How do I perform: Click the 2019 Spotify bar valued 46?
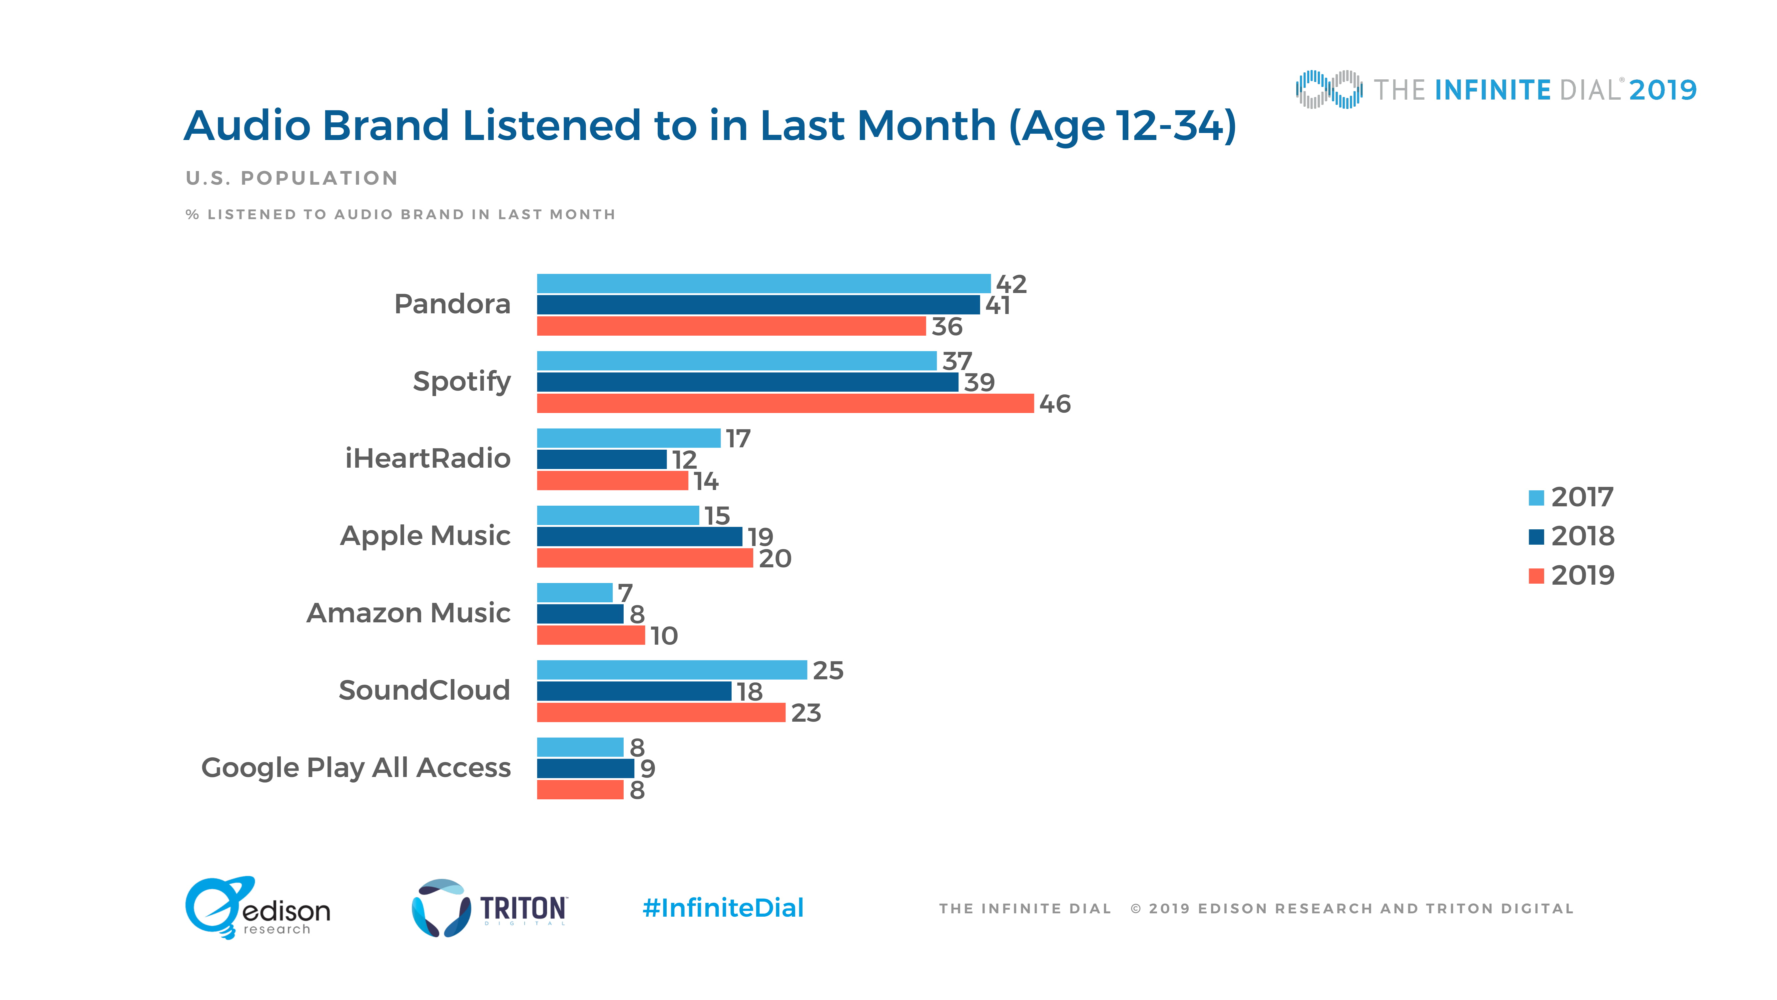pos(785,404)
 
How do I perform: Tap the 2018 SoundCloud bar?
pos(634,691)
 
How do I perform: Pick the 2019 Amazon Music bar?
pos(590,635)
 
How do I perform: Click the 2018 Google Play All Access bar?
pos(585,768)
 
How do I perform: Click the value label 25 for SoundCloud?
pos(828,670)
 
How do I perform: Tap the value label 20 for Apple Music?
pos(775,558)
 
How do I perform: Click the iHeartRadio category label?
pos(428,458)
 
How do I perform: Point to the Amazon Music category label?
pos(408,613)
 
